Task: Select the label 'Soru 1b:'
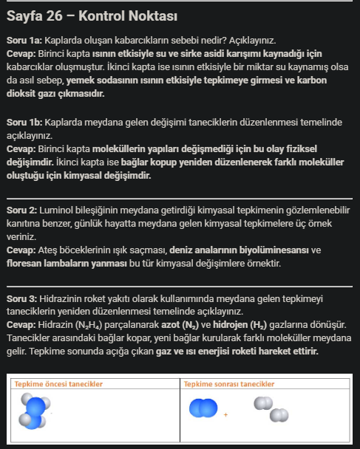[x=24, y=121]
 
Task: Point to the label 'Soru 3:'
[x=22, y=301]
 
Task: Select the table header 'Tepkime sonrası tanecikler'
[x=229, y=384]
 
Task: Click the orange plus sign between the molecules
[x=225, y=415]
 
